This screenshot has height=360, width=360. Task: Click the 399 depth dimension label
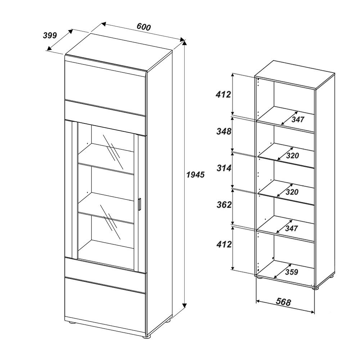(x=50, y=35)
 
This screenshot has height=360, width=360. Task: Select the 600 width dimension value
(x=143, y=27)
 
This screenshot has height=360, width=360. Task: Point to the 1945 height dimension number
(x=195, y=175)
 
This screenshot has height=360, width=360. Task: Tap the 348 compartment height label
(x=224, y=131)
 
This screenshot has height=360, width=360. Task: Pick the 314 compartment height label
(x=224, y=167)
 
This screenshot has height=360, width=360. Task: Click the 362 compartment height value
(x=224, y=204)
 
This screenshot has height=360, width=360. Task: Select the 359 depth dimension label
(x=291, y=272)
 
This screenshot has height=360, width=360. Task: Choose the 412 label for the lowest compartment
(x=224, y=244)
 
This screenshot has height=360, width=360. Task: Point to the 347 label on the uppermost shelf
(x=298, y=119)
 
